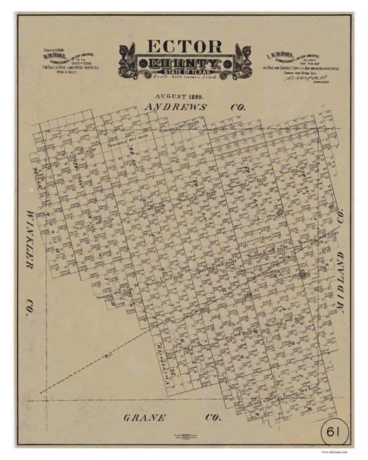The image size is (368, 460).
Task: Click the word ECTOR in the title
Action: [x=185, y=47]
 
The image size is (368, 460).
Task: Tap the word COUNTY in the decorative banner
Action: [x=185, y=65]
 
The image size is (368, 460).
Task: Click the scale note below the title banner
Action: [x=185, y=77]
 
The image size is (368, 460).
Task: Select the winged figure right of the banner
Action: [x=242, y=59]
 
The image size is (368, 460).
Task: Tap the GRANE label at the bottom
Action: [x=145, y=418]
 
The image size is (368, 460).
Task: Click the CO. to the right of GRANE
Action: [x=212, y=418]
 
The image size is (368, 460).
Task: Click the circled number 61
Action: [x=334, y=430]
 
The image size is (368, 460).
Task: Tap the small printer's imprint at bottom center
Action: [x=183, y=438]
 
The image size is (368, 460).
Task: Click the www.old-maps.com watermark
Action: [x=334, y=452]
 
